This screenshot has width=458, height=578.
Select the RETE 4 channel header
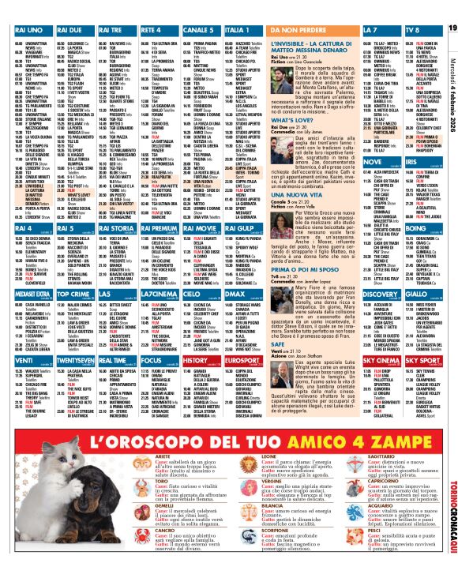click(x=151, y=29)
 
